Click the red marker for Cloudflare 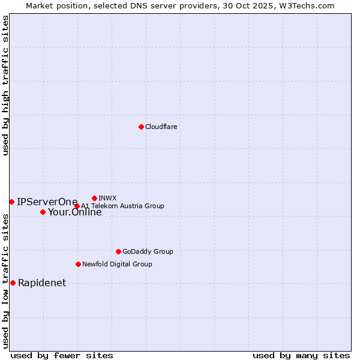click(x=141, y=127)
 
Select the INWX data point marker click(x=94, y=198)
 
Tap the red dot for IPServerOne click(x=11, y=202)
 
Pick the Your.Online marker click(x=43, y=212)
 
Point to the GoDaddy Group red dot click(x=118, y=251)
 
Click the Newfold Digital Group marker click(x=78, y=264)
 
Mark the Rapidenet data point click(x=13, y=283)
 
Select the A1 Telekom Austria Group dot click(x=77, y=206)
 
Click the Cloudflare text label click(x=161, y=127)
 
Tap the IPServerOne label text click(x=47, y=202)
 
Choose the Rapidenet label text click(x=42, y=283)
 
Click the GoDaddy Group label click(x=148, y=251)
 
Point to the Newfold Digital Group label click(x=117, y=264)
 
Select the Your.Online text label click(x=75, y=212)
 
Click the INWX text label click(x=107, y=198)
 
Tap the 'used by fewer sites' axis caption click(x=62, y=355)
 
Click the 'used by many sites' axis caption click(x=301, y=355)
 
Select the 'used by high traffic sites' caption click(x=5, y=85)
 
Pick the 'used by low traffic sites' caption click(x=5, y=281)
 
